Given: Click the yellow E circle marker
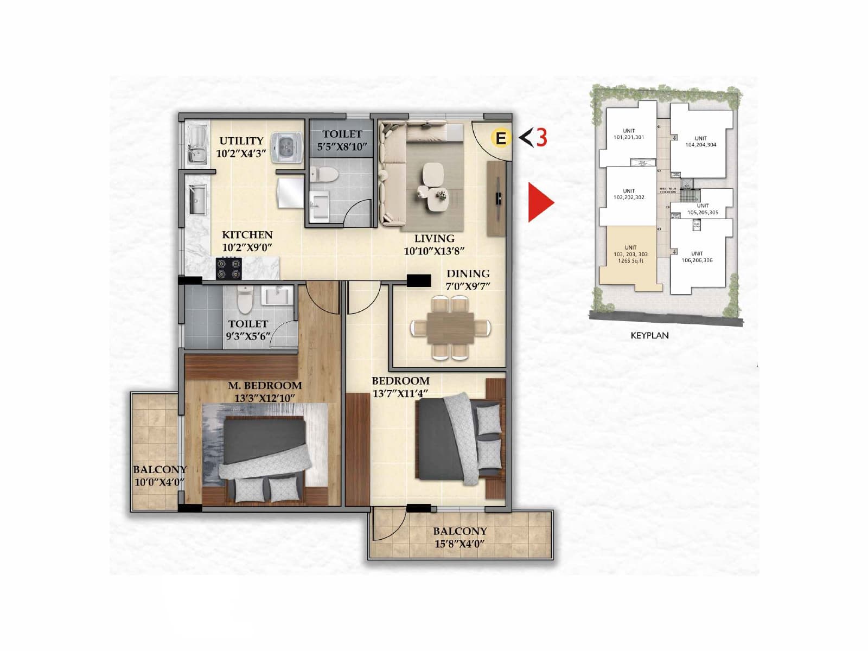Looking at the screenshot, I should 501,138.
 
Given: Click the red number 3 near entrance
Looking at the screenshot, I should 541,137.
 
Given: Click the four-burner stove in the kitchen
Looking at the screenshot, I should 229,269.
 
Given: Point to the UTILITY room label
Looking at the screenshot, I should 241,141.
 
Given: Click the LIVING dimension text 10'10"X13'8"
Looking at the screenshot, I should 434,251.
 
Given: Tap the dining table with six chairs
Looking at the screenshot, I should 450,328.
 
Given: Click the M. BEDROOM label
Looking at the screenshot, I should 265,386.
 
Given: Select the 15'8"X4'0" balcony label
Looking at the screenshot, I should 459,544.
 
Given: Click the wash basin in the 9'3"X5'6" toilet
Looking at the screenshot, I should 277,296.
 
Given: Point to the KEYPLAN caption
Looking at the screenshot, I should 649,335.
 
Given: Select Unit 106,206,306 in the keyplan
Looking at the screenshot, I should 697,257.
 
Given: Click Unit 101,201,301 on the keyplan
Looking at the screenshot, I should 629,134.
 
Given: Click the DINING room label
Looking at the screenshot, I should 468,274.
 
